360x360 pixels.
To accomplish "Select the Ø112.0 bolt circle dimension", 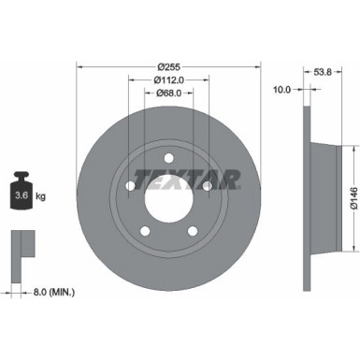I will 168,80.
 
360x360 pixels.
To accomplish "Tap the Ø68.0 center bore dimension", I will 168,94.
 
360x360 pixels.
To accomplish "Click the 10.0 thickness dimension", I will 282,90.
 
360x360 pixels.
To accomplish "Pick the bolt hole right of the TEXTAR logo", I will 207,185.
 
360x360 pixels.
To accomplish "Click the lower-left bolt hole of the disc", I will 144,227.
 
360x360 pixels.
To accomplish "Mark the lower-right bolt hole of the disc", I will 193,227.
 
